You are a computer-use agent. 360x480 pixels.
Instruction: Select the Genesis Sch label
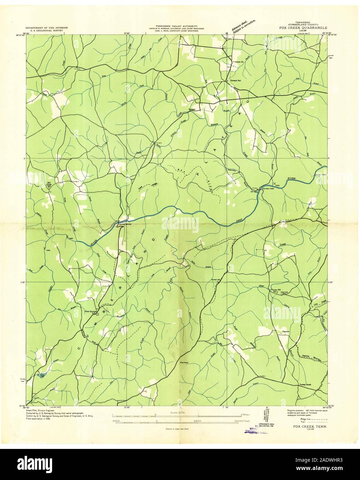click(236, 81)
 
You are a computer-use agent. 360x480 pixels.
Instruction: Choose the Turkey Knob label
click(304, 384)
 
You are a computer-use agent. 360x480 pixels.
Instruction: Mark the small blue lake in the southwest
click(41, 375)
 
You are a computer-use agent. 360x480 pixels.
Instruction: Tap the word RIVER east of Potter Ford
click(292, 179)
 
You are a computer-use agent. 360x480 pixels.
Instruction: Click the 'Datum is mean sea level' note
click(177, 429)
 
